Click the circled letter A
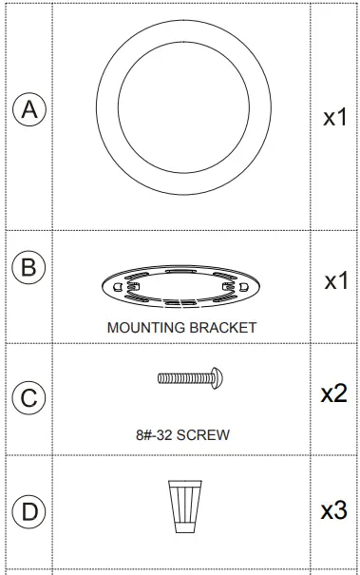[x=29, y=110]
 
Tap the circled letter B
[x=29, y=267]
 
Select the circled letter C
[x=29, y=398]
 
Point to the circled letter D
[x=29, y=512]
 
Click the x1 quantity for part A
[x=334, y=118]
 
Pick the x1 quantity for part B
[x=334, y=281]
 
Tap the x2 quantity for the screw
[x=334, y=393]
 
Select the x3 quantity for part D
[x=334, y=510]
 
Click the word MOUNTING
[x=145, y=327]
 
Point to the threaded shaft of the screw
[x=181, y=378]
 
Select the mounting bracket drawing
[x=180, y=286]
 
